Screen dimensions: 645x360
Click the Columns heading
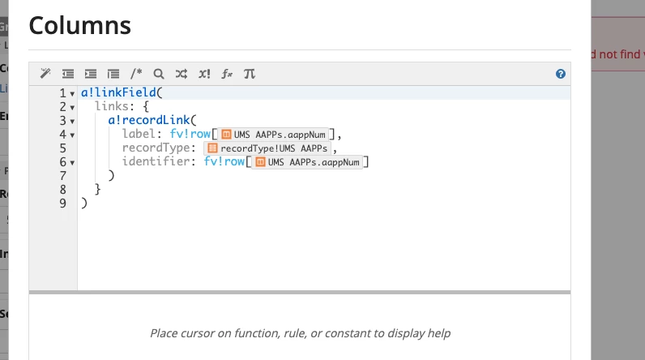(x=79, y=25)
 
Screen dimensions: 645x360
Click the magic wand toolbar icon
(x=45, y=74)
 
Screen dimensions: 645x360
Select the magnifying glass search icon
(x=158, y=74)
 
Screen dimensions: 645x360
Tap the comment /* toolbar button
(x=136, y=74)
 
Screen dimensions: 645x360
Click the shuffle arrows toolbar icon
(x=182, y=74)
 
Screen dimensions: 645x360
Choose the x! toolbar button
(x=204, y=74)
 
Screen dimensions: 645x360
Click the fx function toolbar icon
(x=227, y=74)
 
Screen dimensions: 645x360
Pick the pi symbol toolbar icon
(x=250, y=74)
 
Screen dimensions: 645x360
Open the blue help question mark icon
(x=560, y=74)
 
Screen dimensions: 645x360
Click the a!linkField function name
(x=118, y=92)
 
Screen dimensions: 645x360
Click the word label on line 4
(x=139, y=134)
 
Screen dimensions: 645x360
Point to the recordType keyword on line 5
(x=156, y=148)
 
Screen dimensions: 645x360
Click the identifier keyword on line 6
(x=156, y=161)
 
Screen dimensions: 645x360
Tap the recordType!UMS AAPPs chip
(x=267, y=148)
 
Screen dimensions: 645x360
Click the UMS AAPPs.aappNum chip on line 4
(x=274, y=135)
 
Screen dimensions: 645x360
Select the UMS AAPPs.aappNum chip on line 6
(x=307, y=162)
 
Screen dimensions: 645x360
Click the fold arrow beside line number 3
(x=72, y=122)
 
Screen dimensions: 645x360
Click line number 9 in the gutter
(x=62, y=204)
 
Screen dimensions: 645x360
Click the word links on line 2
(x=112, y=106)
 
